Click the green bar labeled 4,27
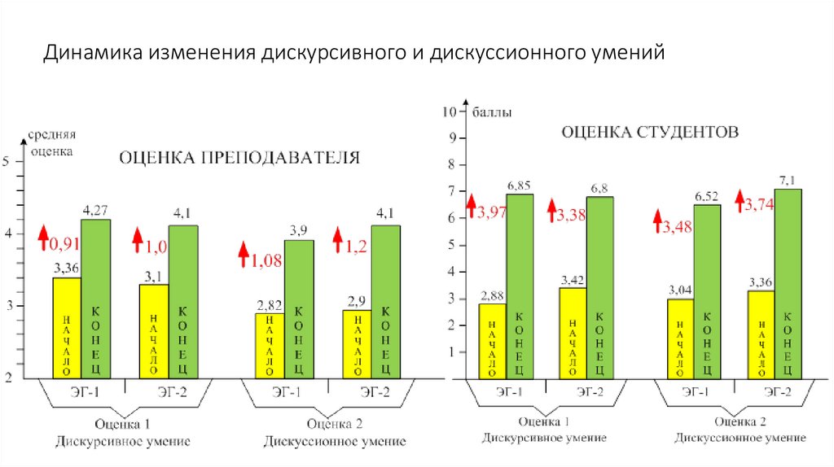95,298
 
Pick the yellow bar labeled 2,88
492,340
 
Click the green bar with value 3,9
299,308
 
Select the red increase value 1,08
266,261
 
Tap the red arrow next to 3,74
740,198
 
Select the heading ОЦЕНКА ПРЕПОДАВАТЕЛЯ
239,158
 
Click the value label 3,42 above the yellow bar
573,280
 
